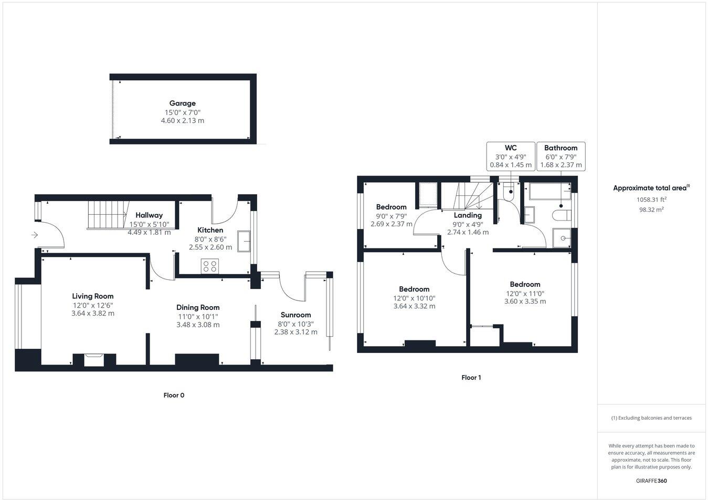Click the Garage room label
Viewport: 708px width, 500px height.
tap(182, 103)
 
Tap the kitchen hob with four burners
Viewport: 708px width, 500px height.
tap(210, 267)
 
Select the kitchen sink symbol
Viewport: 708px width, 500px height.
tap(244, 242)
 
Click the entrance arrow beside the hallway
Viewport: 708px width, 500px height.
tap(35, 235)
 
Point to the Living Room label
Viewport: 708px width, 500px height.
tap(93, 296)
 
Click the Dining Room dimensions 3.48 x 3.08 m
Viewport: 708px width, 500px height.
tap(198, 325)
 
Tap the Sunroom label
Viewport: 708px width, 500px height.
tap(295, 315)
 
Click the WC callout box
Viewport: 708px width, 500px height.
tap(511, 157)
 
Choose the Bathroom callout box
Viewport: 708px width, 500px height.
tap(561, 157)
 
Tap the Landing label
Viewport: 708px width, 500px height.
tap(468, 215)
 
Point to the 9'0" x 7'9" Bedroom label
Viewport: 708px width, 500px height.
tap(391, 207)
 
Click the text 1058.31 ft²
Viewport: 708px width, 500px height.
tap(651, 200)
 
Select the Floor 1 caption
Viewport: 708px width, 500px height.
tap(471, 378)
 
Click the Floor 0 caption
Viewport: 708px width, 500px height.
tap(174, 395)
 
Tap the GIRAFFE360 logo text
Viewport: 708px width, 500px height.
tap(651, 480)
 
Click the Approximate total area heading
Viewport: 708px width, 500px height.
tap(651, 188)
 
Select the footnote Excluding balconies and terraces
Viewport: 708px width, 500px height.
tap(651, 418)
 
